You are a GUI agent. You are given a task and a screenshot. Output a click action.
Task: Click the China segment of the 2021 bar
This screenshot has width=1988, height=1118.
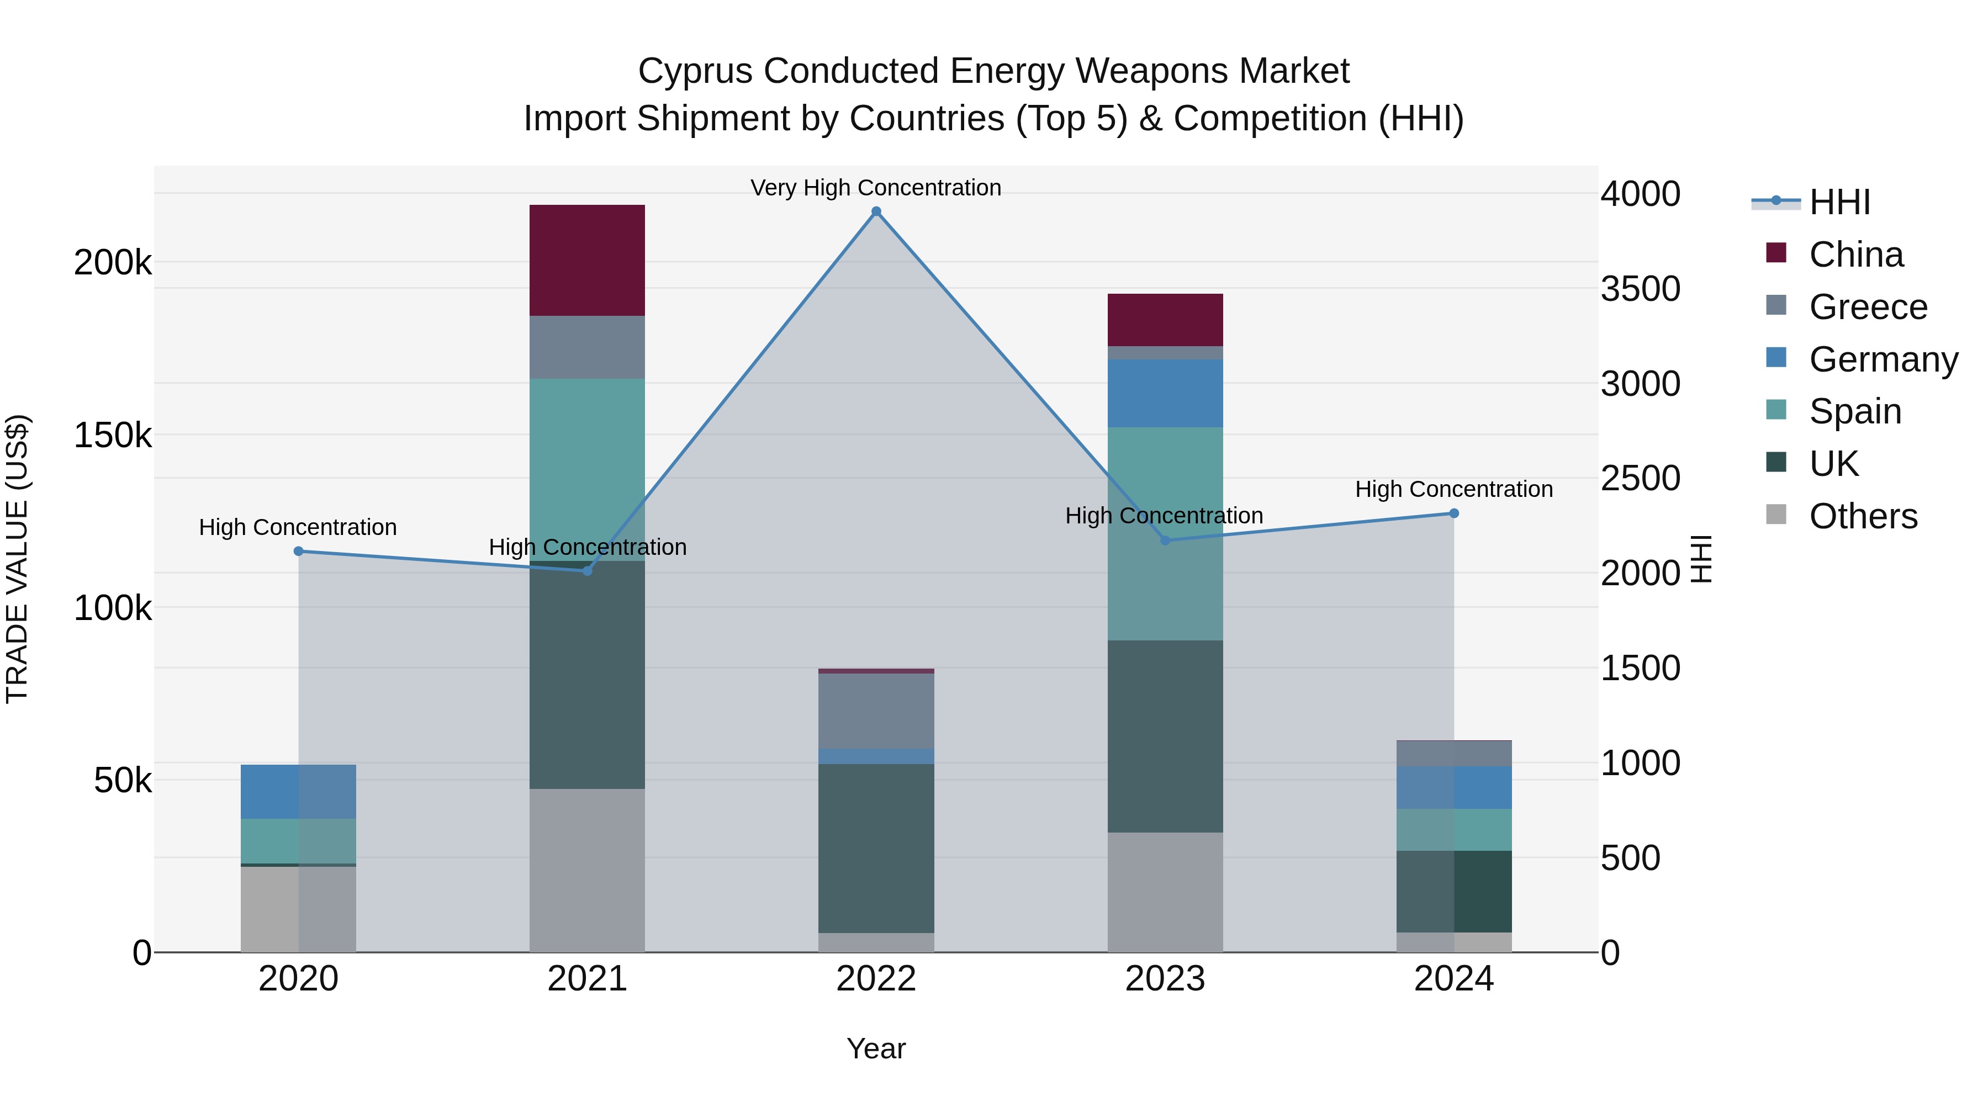(x=586, y=260)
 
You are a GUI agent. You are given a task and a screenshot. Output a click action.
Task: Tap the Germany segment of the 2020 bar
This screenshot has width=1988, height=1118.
(x=298, y=792)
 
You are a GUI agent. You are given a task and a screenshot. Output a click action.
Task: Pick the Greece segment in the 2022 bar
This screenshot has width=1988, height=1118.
(x=876, y=711)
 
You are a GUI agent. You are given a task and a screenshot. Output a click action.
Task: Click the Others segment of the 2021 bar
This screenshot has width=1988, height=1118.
(x=586, y=870)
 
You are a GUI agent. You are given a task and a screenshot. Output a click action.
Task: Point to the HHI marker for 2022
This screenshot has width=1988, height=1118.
(x=876, y=211)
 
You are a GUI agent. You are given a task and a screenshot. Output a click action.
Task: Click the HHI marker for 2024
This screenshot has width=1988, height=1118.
(x=1454, y=513)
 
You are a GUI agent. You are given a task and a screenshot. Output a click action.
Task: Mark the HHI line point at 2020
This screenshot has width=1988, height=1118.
(x=299, y=551)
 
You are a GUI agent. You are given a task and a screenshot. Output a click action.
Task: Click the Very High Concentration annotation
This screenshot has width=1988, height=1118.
(x=875, y=188)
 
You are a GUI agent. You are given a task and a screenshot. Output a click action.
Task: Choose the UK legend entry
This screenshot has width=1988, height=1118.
(x=1833, y=464)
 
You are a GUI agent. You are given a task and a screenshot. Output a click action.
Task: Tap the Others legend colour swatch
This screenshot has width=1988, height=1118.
(x=1776, y=515)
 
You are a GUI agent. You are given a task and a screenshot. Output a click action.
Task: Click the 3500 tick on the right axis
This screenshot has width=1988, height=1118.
(x=1640, y=289)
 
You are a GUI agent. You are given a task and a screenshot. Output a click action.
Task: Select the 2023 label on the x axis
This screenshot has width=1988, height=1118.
(x=1165, y=979)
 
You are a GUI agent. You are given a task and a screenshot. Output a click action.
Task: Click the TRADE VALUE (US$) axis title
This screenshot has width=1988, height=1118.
(x=17, y=559)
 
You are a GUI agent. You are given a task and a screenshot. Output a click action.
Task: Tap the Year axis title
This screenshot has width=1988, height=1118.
(x=875, y=1048)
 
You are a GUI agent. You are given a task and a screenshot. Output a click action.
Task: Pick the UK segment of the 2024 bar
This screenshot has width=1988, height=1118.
(x=1454, y=891)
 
